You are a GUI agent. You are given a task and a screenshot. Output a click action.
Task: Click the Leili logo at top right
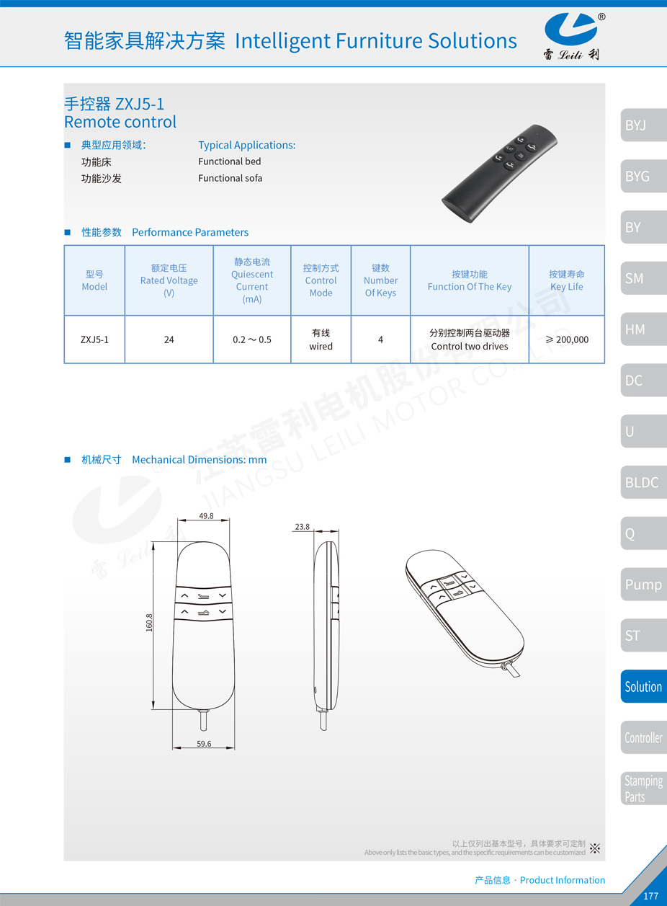click(573, 36)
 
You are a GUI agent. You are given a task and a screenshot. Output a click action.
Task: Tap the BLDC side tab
click(643, 482)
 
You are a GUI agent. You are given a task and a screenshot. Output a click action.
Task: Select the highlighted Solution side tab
click(643, 686)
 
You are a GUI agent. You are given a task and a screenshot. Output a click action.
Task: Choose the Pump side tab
click(643, 585)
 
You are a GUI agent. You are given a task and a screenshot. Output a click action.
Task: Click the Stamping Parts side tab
click(643, 789)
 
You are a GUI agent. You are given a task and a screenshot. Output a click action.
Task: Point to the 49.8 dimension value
click(206, 516)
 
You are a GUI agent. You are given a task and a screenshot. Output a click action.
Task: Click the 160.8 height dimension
click(149, 623)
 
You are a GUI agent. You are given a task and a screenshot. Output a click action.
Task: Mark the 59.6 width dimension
click(204, 743)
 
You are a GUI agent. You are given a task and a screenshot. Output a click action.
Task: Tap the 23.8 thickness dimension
click(302, 527)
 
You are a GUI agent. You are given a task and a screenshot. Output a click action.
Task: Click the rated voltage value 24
click(169, 339)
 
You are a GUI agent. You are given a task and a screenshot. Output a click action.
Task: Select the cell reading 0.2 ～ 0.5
click(252, 339)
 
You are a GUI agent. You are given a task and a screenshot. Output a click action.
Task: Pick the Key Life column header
click(567, 280)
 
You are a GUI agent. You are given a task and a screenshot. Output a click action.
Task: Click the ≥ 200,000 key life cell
click(567, 339)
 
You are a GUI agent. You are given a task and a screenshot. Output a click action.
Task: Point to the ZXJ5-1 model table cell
click(94, 339)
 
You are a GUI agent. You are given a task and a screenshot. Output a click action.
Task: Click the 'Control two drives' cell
click(470, 339)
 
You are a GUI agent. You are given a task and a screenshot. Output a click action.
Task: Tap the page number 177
click(650, 896)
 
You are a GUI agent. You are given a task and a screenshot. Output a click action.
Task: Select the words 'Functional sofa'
click(230, 178)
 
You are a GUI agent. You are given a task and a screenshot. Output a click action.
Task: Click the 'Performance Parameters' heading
click(190, 232)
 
